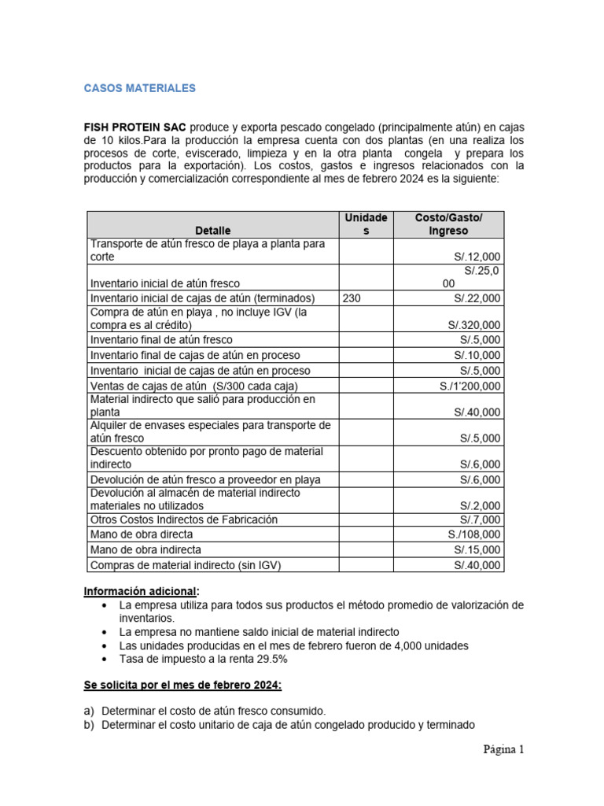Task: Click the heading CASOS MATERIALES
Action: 139,89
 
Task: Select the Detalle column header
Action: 212,231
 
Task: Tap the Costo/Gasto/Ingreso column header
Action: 448,224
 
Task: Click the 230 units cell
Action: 354,298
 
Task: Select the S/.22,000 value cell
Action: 477,298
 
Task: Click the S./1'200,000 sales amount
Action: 470,386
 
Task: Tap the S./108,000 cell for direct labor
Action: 474,534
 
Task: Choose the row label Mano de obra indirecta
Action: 145,549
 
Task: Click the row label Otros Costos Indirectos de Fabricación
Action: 184,519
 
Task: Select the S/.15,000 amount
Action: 477,549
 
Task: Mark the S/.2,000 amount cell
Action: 480,505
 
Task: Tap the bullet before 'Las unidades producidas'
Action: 105,645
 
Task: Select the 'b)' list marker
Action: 90,725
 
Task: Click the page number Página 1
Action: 503,749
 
